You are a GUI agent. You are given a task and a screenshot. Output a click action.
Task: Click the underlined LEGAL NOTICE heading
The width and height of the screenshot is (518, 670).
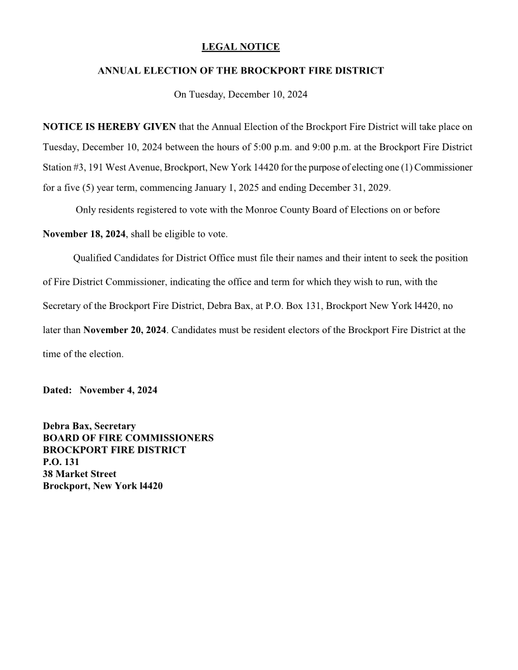click(x=240, y=47)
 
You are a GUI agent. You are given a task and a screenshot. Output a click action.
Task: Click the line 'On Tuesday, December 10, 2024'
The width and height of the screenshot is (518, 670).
click(x=241, y=95)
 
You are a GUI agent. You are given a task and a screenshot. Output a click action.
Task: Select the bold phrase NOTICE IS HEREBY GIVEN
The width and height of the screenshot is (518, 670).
click(x=109, y=127)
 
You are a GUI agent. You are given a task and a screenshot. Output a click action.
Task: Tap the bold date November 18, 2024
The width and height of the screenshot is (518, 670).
click(x=84, y=234)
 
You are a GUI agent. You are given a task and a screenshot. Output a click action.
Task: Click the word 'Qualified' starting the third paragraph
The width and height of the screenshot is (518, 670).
click(x=93, y=258)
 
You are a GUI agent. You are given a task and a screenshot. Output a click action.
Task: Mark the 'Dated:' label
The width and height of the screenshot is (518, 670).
click(x=57, y=390)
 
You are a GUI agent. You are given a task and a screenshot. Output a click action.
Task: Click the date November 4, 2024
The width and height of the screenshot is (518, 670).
click(x=119, y=390)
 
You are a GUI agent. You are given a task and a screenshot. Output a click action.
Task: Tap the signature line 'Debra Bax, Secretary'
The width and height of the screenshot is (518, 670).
click(x=89, y=426)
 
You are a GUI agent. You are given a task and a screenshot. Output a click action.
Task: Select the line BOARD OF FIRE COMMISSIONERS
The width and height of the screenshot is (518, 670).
click(x=128, y=438)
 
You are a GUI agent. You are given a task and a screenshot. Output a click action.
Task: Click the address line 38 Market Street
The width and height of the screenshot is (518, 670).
click(x=79, y=474)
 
